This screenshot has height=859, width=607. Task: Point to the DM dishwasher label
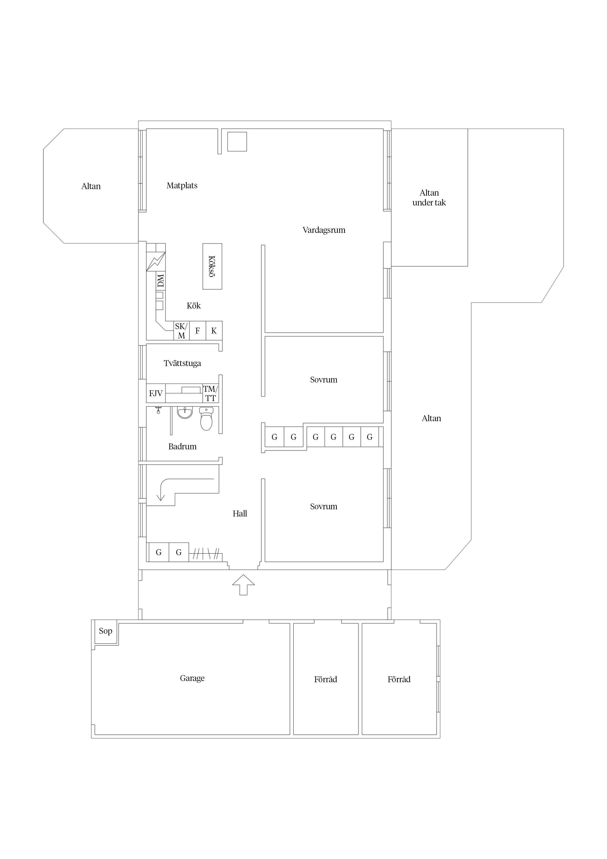coord(161,281)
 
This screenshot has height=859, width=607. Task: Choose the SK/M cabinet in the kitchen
coord(181,331)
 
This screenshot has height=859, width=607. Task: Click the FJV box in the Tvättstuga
coord(156,393)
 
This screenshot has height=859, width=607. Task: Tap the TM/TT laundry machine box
coord(210,394)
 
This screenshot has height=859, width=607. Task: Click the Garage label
coord(192,678)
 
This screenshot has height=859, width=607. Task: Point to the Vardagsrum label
coord(324,230)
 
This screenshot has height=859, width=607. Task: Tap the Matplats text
coord(182,186)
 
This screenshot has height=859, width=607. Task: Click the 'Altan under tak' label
coord(429,198)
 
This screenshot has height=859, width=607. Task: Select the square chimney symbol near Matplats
coord(237,142)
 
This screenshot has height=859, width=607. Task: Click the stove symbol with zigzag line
coord(156,262)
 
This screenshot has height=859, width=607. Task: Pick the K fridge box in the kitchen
coord(214,331)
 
